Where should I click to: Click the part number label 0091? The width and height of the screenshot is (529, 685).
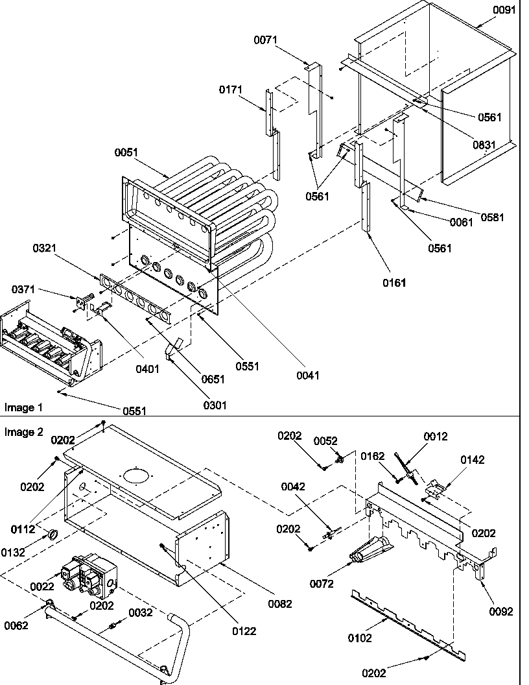coord(510,10)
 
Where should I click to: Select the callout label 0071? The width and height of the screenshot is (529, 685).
coord(265,40)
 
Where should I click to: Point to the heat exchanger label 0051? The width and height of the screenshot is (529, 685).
coord(127,152)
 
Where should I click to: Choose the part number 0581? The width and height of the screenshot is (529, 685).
coord(492,217)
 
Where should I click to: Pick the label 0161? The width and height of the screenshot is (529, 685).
coord(395,282)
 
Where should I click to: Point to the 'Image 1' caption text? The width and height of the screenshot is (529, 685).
coord(23,407)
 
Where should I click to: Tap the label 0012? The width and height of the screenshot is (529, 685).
coord(436,437)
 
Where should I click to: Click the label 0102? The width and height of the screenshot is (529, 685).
coord(360,638)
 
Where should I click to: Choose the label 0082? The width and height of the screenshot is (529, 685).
coord(279,603)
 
